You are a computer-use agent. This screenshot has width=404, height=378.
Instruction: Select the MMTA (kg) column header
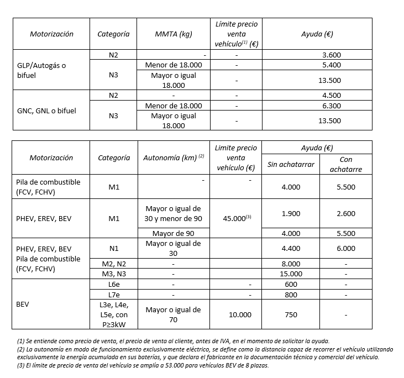(174, 34)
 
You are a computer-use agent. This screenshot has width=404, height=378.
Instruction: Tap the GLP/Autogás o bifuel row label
(41, 70)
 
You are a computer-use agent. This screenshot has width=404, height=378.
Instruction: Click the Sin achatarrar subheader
(291, 165)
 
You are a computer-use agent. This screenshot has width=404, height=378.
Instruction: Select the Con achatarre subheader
(345, 165)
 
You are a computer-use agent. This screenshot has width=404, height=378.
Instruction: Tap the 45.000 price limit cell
(236, 218)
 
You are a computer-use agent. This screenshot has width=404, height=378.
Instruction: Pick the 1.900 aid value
(291, 213)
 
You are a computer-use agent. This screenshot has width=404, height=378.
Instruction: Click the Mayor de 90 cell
(174, 233)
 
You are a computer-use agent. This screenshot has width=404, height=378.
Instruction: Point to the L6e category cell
(113, 284)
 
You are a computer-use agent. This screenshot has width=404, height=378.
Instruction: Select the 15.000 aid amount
(291, 274)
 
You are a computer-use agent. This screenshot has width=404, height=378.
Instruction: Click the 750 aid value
(291, 314)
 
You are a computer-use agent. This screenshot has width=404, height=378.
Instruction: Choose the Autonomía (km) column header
(174, 158)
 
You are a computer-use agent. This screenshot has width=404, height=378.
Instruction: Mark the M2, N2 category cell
(113, 264)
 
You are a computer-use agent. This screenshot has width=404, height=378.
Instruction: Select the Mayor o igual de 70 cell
(174, 314)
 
